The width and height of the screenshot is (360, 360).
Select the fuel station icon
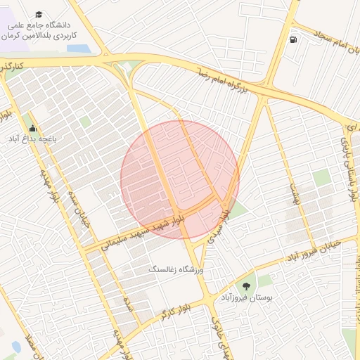292,39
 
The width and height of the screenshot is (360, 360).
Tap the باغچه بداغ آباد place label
32,139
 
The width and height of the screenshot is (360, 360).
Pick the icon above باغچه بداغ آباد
32,128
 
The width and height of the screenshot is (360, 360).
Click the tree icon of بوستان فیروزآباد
246,285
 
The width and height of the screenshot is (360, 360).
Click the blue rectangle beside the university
79,49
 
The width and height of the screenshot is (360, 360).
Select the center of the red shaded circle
180,180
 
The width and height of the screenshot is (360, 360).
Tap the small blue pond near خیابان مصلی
15,347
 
